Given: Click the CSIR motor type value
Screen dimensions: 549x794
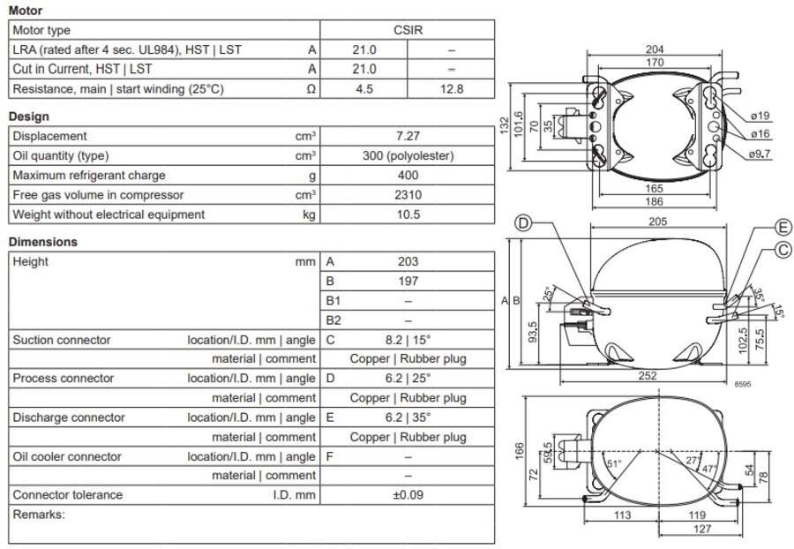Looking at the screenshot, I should click(x=408, y=30).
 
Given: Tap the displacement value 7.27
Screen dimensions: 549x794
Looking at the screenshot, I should click(x=408, y=136).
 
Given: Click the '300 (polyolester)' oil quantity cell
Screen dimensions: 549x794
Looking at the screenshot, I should click(x=408, y=155).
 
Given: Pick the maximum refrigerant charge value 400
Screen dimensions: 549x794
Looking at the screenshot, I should click(x=408, y=175).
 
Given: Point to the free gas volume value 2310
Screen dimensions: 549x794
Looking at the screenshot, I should click(x=408, y=194).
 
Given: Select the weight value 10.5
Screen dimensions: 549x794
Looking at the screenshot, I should click(x=408, y=214).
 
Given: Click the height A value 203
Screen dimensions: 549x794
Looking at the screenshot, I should click(x=408, y=261).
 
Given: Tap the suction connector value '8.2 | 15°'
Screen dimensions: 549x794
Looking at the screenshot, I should click(x=408, y=340).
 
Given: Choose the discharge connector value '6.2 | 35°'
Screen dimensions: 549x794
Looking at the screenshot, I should click(x=408, y=417).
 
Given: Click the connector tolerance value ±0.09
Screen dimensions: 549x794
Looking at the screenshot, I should click(x=408, y=495).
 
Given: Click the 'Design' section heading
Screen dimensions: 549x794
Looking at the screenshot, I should click(x=28, y=117).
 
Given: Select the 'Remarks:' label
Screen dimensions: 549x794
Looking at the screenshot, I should click(x=39, y=514).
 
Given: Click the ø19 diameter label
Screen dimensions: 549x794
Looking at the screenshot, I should click(x=760, y=116).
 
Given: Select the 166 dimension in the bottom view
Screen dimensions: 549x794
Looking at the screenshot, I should click(x=519, y=451).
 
